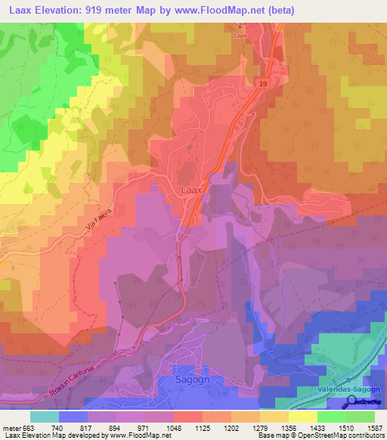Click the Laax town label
tap(191, 191)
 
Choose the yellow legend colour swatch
tap(303, 416)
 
